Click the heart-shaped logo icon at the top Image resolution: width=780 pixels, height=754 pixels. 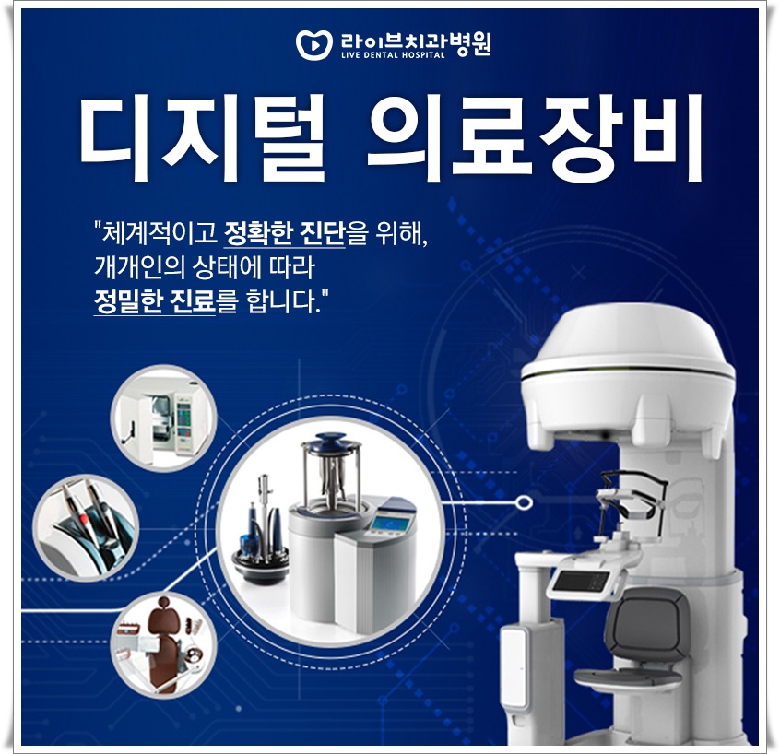point(311,44)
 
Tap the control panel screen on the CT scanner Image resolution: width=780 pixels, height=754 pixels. point(582,581)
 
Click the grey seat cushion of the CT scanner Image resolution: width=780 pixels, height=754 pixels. point(628,678)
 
